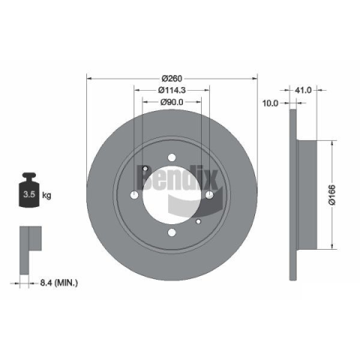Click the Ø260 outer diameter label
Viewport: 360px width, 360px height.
click(172, 79)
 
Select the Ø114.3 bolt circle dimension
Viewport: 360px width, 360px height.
click(172, 90)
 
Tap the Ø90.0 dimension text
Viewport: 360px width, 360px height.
click(172, 102)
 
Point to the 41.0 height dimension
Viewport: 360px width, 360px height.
click(303, 90)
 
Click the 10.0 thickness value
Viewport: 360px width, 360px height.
click(270, 103)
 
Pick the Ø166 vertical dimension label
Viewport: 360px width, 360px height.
click(332, 195)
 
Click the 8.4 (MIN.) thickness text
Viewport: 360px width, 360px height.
click(59, 283)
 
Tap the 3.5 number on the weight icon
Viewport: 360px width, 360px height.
click(29, 194)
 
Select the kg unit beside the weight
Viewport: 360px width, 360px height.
click(46, 195)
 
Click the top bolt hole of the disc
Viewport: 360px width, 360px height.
click(172, 157)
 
